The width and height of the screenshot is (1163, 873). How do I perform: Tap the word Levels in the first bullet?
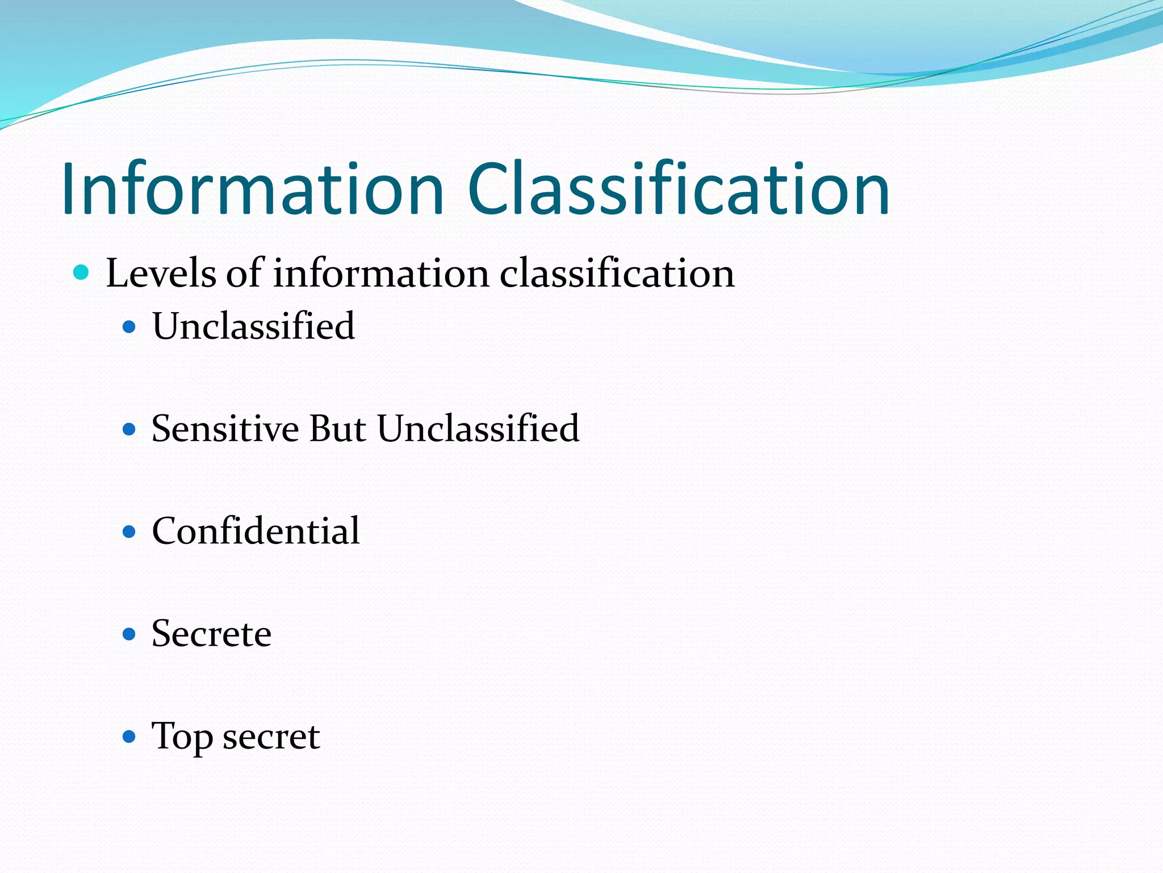tap(161, 273)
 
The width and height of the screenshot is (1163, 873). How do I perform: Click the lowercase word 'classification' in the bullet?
tap(617, 273)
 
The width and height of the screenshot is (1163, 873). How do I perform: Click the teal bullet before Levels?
tap(82, 273)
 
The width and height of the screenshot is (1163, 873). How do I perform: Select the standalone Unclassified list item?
tap(253, 326)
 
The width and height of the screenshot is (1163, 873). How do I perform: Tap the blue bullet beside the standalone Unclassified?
tap(129, 327)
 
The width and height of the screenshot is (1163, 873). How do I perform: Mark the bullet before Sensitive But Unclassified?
tap(129, 429)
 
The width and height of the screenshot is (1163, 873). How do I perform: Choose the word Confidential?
tap(256, 531)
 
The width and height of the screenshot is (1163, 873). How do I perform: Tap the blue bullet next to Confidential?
tap(129, 532)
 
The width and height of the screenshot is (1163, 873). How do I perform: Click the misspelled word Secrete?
tap(211, 634)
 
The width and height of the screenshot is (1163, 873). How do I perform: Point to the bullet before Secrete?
tap(129, 634)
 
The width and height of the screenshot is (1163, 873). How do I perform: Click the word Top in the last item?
tap(181, 737)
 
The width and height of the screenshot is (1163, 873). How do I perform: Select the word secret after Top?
tap(271, 737)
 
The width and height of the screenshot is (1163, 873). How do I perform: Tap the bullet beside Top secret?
tap(129, 737)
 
